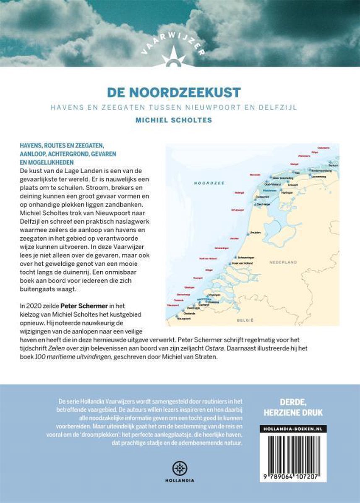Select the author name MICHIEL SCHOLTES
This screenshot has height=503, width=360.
pos(180,119)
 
